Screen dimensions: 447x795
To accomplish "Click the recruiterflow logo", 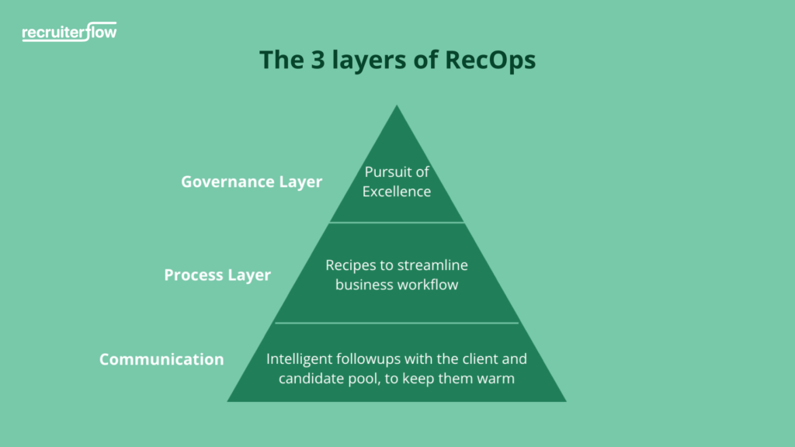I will click(70, 33).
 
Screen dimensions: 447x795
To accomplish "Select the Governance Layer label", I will click(252, 182).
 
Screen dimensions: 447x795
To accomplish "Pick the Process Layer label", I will click(217, 275).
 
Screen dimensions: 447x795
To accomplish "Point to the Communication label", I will click(161, 359).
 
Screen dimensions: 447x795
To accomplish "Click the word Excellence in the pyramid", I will click(397, 191).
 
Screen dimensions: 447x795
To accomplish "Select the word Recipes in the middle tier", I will click(349, 265).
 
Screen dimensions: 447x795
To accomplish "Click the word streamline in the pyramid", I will click(432, 265).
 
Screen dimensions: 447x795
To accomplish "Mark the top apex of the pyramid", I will click(397, 107).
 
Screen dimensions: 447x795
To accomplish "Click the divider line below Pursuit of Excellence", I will click(397, 223).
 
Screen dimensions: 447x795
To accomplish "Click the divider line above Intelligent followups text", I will click(397, 323).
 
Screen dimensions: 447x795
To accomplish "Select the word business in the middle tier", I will click(364, 285).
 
